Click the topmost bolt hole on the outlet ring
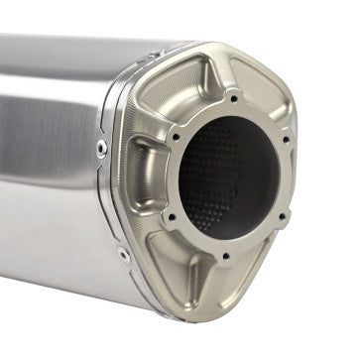coord(233,98)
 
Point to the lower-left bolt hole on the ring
coord(172,216)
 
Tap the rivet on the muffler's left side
coord(102,147)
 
